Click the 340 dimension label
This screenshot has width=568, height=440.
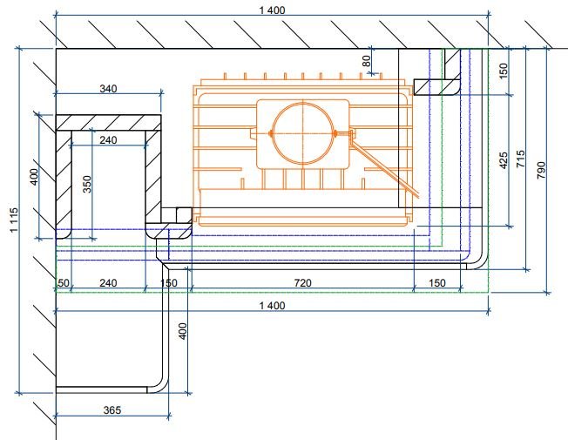click(x=108, y=88)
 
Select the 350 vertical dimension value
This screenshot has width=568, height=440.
click(x=87, y=184)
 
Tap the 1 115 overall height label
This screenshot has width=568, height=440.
click(x=14, y=220)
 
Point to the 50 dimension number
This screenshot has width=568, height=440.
click(x=64, y=282)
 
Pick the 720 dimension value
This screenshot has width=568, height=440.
click(x=302, y=282)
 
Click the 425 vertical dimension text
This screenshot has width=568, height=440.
click(x=504, y=160)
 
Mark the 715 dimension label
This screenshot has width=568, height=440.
click(x=520, y=159)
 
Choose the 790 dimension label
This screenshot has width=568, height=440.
click(x=541, y=170)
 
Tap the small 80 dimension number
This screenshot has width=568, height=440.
click(x=367, y=60)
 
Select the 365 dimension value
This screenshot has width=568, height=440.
click(x=112, y=410)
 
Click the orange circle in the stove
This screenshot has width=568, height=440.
click(x=302, y=133)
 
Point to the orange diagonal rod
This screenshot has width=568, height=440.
click(x=385, y=164)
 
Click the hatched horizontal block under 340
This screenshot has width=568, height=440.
click(x=108, y=123)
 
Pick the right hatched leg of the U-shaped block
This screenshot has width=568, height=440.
click(x=153, y=178)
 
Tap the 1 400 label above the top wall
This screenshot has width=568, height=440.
click(x=273, y=10)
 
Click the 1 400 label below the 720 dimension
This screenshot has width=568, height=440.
click(x=273, y=306)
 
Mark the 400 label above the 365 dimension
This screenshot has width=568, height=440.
click(x=183, y=331)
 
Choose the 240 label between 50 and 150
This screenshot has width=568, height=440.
click(x=108, y=282)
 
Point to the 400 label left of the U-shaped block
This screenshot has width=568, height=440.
click(x=34, y=177)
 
